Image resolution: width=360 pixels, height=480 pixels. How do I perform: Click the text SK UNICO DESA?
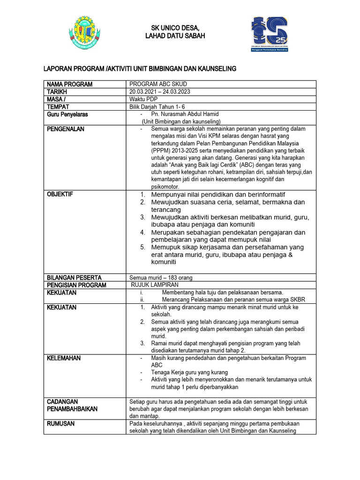tap(174, 28)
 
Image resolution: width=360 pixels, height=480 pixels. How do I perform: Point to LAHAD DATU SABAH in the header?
tap(174, 36)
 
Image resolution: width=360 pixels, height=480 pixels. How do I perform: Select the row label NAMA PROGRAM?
tap(69, 84)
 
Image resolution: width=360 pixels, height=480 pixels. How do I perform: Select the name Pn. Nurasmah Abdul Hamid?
tap(185, 114)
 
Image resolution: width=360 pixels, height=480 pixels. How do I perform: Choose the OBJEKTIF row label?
tap(60, 194)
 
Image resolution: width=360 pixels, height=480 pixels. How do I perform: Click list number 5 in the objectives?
tap(142, 247)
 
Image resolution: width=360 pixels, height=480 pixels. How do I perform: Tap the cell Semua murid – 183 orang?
tap(161, 277)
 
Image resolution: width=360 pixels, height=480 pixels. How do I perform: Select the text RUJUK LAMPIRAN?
tap(155, 285)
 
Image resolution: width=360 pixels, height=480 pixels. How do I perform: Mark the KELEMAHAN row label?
tap(64, 358)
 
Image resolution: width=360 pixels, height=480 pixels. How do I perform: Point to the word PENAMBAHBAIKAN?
tap(72, 409)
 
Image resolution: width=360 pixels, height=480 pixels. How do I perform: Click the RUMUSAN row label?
tap(61, 424)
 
